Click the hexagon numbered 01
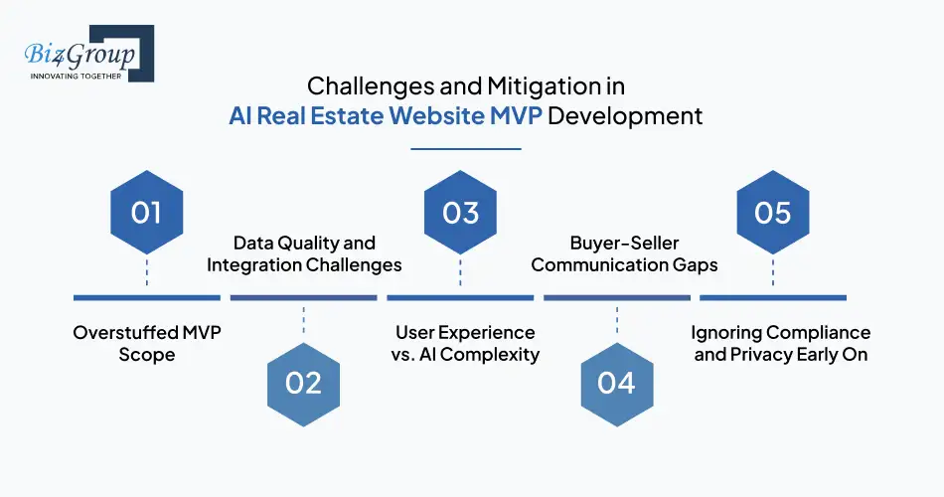tap(147, 213)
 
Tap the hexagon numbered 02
tap(304, 383)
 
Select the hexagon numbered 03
tap(460, 213)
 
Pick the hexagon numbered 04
tap(617, 383)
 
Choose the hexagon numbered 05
tap(772, 213)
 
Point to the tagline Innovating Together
tap(75, 77)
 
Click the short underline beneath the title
tap(466, 148)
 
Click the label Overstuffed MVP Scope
tap(147, 343)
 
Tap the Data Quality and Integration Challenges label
tap(304, 253)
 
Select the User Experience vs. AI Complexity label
tap(465, 343)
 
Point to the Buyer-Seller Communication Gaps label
tap(616, 253)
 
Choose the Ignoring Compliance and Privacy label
tap(780, 343)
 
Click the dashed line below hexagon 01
tap(147, 271)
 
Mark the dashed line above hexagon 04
tap(617, 320)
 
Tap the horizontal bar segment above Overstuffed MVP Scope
tap(147, 297)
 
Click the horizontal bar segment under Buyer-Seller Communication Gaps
tap(617, 297)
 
